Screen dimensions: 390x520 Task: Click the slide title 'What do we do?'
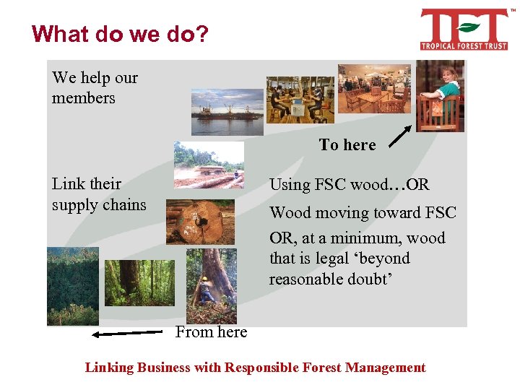(120, 34)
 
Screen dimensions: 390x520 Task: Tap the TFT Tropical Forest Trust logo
(464, 30)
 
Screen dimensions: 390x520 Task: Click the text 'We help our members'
(95, 87)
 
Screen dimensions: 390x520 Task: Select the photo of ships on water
(227, 112)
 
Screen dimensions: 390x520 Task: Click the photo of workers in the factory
(300, 99)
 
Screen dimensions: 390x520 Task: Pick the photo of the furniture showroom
(373, 90)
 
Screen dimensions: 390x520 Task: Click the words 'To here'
(347, 145)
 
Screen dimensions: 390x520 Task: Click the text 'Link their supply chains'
(99, 194)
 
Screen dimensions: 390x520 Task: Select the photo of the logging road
(209, 165)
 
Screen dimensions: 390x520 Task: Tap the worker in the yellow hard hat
(206, 289)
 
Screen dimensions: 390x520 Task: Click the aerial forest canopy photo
(72, 286)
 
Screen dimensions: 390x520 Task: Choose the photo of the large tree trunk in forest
(139, 277)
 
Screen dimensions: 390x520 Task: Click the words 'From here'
(211, 332)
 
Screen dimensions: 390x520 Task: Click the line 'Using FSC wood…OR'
(350, 185)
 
